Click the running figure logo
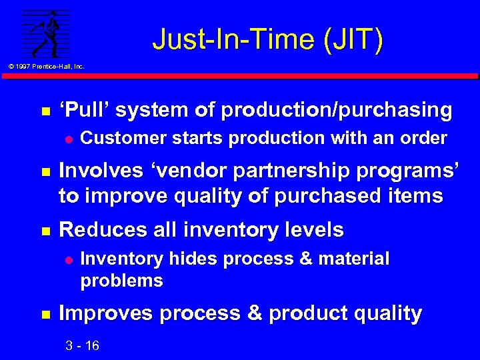click(x=46, y=33)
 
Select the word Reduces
click(x=97, y=230)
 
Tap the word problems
click(x=121, y=280)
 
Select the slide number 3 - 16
click(x=82, y=345)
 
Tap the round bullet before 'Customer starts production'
click(x=67, y=139)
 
